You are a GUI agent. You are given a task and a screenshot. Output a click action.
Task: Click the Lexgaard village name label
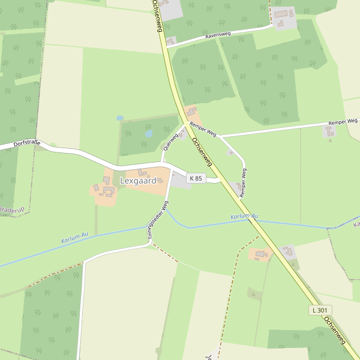137,180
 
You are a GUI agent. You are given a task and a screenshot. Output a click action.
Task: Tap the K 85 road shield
196,178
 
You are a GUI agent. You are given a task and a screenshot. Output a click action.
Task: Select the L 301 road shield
321,310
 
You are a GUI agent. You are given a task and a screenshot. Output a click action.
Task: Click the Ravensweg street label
218,35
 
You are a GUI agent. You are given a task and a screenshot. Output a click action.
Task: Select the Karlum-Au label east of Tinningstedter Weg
244,216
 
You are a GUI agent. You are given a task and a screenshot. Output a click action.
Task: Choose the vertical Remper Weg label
243,182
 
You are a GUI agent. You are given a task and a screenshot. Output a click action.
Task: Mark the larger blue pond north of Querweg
149,134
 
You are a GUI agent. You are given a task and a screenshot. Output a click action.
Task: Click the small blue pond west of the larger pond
120,118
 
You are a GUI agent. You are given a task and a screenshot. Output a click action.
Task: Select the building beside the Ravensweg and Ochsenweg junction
171,41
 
